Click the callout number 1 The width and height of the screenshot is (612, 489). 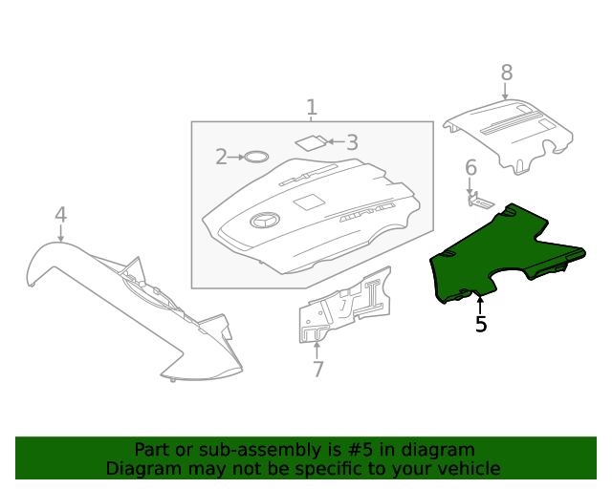coord(311,107)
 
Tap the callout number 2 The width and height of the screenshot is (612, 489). coord(221,157)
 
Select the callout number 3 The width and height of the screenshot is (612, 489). coord(352,143)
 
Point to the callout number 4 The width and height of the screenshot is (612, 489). coord(60,215)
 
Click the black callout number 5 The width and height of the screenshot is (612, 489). coord(481,325)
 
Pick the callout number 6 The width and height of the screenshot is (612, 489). coord(470,169)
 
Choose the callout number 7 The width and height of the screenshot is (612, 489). coord(318,370)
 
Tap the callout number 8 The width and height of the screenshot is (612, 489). coord(506,73)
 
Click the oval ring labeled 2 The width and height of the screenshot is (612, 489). coord(255,157)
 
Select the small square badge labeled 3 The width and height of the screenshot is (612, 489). coord(310,143)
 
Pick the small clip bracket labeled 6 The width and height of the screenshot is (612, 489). coord(479,201)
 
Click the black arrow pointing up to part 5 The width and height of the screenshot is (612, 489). coord(480,305)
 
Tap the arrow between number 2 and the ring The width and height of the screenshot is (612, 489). coord(236,157)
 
